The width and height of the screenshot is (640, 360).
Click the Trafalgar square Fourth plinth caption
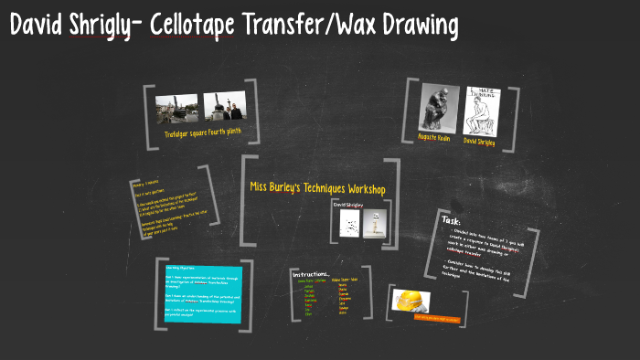pyautogui.click(x=204, y=134)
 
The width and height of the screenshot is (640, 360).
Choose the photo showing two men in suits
pyautogui.click(x=224, y=109)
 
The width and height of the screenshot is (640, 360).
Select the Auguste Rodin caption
pyautogui.click(x=436, y=143)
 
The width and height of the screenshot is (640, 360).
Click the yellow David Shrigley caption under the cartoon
pyautogui.click(x=481, y=143)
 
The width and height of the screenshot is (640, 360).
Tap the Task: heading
pyautogui.click(x=452, y=220)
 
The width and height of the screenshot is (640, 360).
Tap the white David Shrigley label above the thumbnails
pyautogui.click(x=347, y=206)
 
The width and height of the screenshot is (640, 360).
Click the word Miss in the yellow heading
pyautogui.click(x=263, y=188)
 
